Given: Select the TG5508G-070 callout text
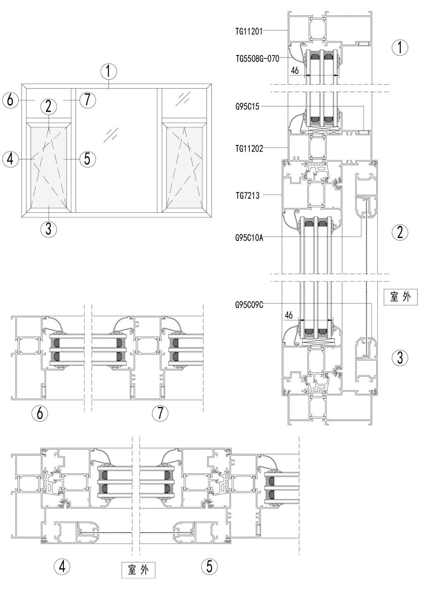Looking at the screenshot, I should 257,59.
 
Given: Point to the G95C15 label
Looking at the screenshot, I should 247,107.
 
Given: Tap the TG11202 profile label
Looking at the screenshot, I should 249,148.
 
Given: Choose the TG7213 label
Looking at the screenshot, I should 247,195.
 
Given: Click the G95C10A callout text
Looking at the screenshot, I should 249,238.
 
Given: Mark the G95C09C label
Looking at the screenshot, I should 249,305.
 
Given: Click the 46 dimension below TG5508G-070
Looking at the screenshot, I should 295,71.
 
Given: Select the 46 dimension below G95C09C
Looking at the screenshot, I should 289,315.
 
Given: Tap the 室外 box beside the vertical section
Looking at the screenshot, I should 400,297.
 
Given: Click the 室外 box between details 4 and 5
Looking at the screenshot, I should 138,570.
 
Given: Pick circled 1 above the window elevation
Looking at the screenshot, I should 108,72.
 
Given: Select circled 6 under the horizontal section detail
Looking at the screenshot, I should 40,413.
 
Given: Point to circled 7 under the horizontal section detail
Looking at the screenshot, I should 160,413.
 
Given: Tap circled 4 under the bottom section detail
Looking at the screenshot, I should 62,566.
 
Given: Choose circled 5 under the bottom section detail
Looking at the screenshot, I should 209,566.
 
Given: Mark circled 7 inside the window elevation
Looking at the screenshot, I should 87,100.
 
